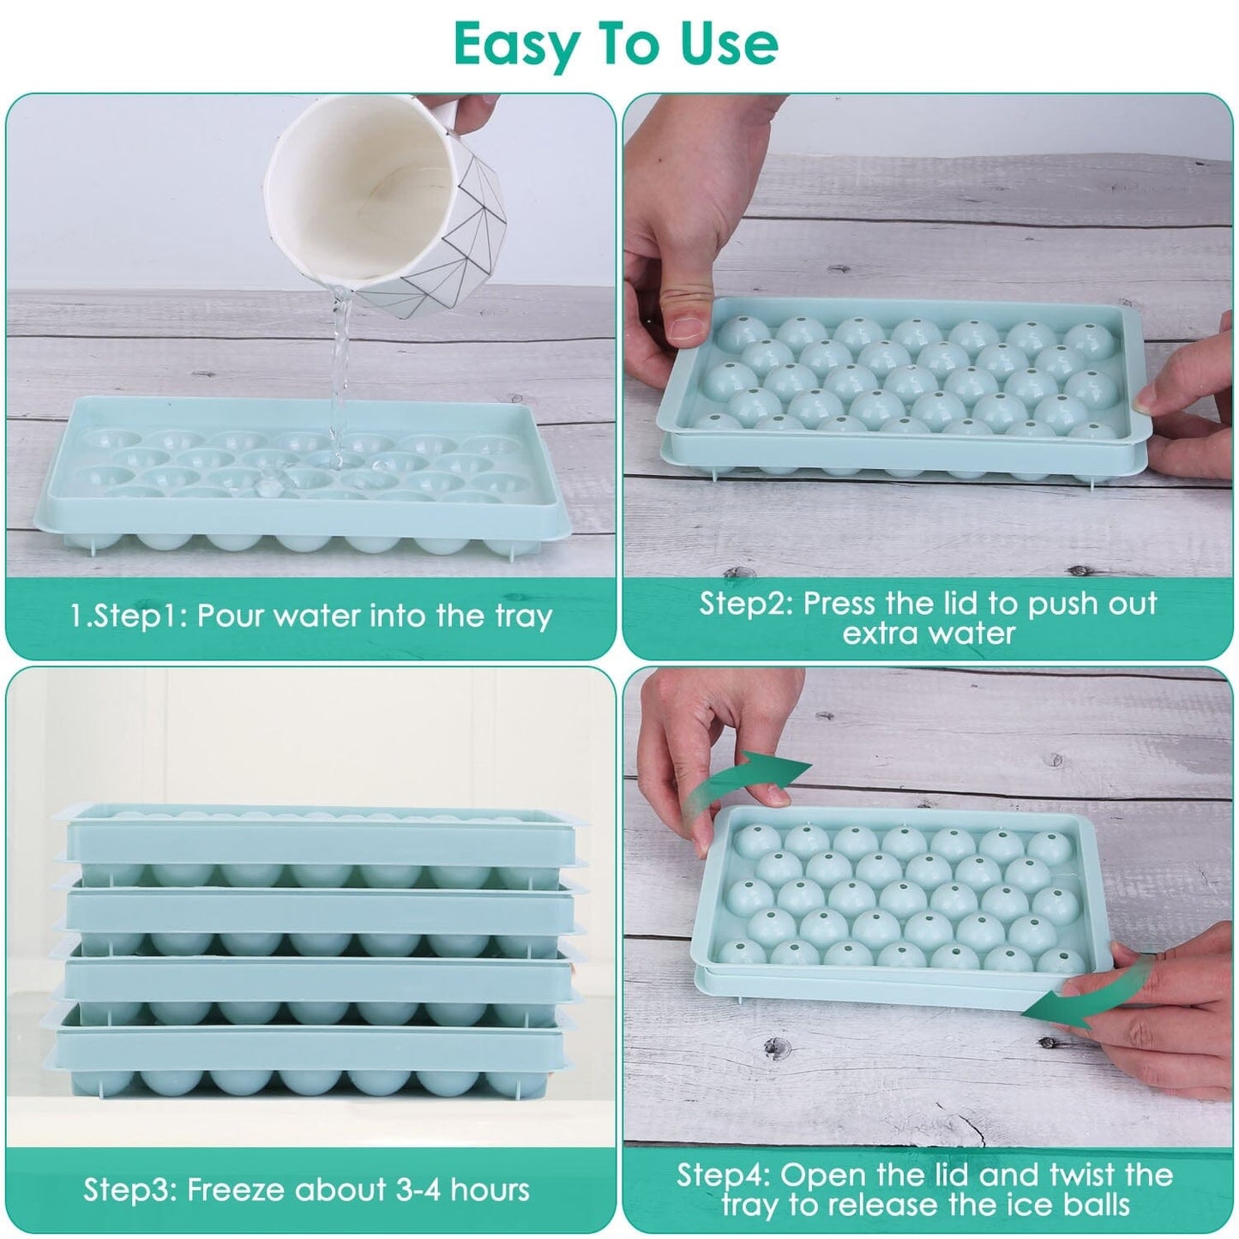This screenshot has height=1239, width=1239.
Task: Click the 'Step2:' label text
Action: coord(746,604)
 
